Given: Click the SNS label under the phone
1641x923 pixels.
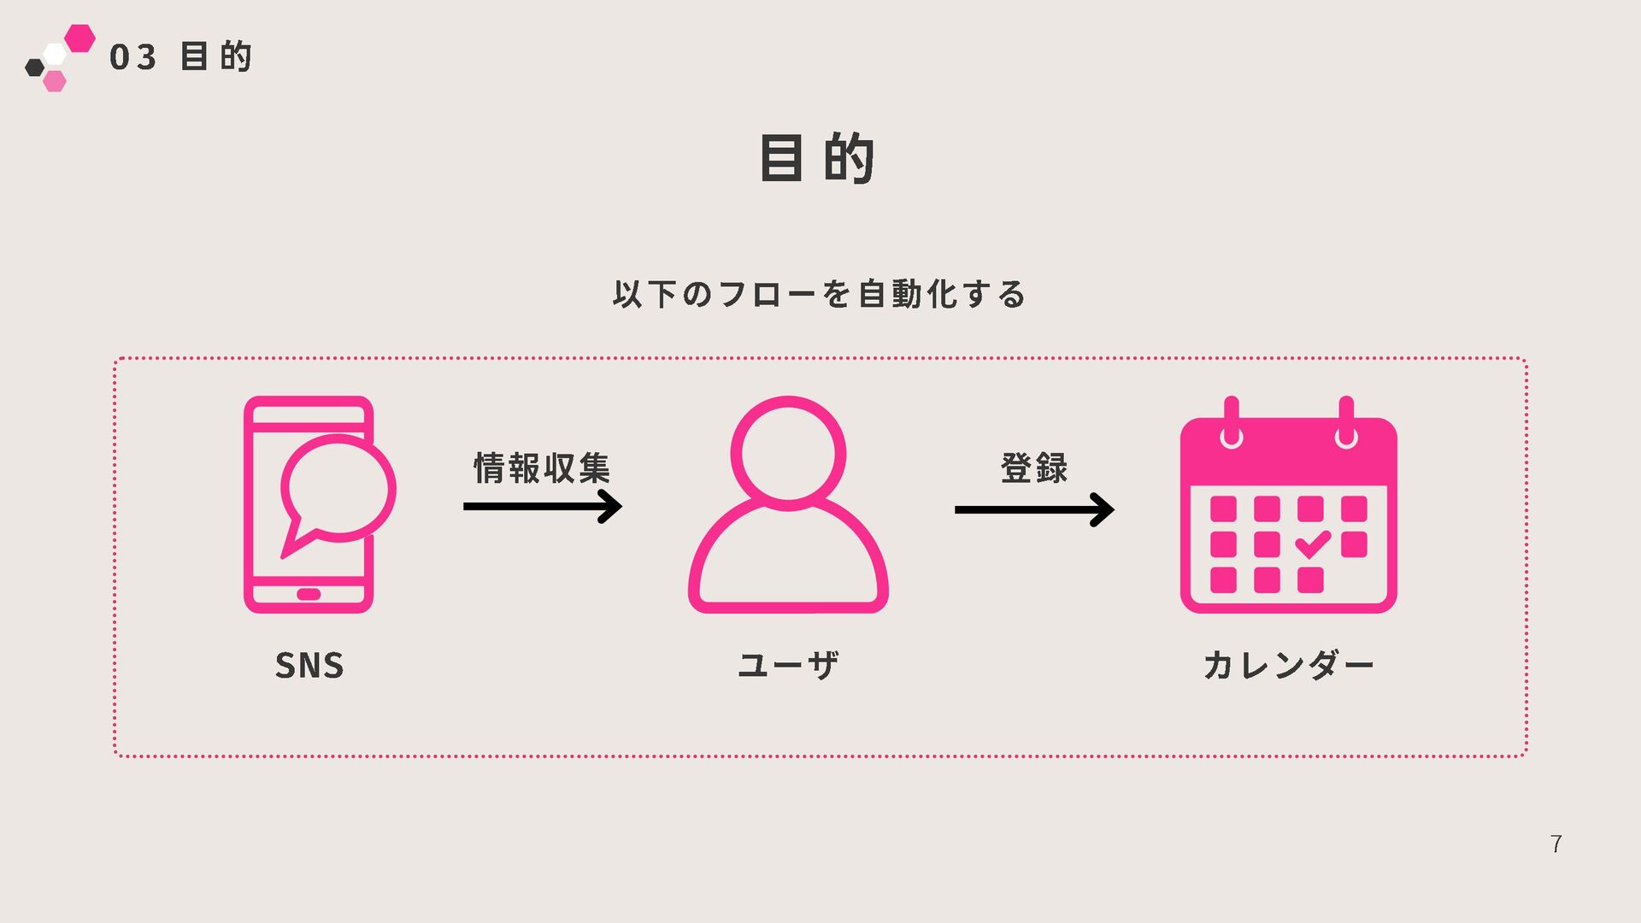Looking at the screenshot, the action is [x=309, y=665].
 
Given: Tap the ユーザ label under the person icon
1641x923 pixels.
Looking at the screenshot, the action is [x=788, y=665].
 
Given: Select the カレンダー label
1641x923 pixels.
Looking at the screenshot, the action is [x=1288, y=665].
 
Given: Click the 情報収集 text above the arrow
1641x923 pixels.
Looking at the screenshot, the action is [x=542, y=467].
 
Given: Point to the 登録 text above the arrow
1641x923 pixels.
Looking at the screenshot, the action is [x=1034, y=467].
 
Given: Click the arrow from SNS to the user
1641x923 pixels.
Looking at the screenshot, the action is [x=542, y=507].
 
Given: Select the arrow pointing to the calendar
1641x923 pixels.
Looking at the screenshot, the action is [x=1034, y=510].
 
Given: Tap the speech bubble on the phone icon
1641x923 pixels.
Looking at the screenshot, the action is [x=338, y=489].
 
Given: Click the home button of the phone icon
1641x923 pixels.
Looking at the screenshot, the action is [x=309, y=594].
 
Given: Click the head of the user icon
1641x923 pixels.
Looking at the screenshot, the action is [x=788, y=453].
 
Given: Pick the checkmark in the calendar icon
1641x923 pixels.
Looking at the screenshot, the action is [x=1312, y=544].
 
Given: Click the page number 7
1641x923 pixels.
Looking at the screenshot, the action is [x=1556, y=844].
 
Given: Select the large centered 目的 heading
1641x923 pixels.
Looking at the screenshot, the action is [x=817, y=158].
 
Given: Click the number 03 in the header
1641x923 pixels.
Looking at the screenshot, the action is [x=133, y=57].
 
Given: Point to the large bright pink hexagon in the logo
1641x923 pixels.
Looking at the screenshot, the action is [x=79, y=38].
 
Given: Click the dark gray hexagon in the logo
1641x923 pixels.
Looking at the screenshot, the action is [x=34, y=68].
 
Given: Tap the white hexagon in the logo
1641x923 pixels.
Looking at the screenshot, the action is [x=56, y=55].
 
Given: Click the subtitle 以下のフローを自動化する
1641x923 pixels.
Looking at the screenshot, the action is [x=819, y=294].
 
